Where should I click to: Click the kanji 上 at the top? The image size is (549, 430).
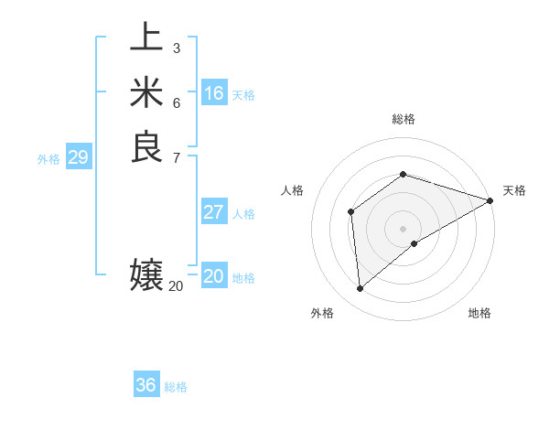(146, 38)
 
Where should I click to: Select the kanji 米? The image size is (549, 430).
(146, 92)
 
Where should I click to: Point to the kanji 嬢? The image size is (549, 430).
(146, 275)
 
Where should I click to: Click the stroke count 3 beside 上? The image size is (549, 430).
(176, 48)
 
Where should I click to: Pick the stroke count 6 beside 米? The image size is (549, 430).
(176, 102)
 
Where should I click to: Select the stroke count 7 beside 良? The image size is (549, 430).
(176, 156)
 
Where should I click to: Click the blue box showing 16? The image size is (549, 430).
(214, 93)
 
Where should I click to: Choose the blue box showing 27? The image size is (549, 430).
(214, 212)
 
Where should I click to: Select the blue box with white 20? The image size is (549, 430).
(214, 276)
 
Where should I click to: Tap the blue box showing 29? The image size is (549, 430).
(78, 157)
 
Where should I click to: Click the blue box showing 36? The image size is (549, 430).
(146, 385)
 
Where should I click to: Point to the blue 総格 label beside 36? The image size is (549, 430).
(176, 387)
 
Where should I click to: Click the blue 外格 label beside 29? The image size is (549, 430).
(48, 159)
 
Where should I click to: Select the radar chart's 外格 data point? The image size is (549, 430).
(361, 289)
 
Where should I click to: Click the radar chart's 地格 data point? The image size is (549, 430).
(414, 243)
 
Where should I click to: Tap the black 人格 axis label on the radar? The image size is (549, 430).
(293, 190)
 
